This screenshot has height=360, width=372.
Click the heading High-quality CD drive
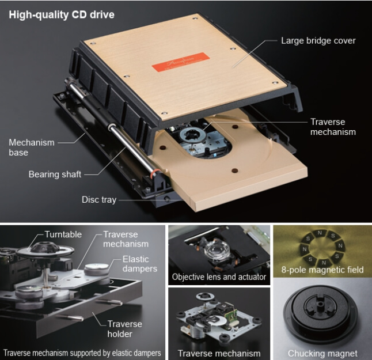62,15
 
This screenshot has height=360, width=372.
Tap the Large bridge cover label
318,40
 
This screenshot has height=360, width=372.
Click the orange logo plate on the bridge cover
181,62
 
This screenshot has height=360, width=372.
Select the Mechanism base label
32,147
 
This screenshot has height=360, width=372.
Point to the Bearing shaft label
55,175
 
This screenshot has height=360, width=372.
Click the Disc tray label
99,200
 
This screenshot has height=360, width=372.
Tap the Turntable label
63,234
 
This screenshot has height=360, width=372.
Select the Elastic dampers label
140,264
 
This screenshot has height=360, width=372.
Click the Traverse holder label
124,329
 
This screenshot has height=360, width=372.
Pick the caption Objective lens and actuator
219,277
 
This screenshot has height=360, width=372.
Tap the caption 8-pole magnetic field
322,270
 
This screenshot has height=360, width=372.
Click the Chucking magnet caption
322,353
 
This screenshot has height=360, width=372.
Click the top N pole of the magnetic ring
320,233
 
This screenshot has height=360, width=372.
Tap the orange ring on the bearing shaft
154,172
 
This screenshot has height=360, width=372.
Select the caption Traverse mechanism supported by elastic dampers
82,353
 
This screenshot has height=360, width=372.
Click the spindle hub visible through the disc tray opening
193,135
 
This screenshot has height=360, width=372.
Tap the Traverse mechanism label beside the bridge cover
333,127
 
